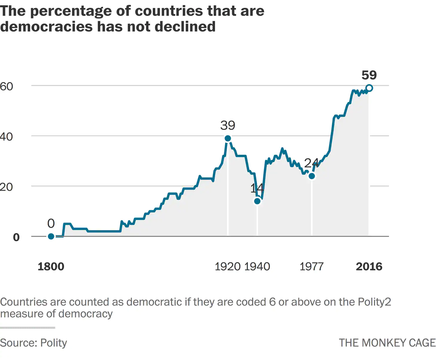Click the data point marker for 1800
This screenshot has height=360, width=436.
pyautogui.click(x=51, y=236)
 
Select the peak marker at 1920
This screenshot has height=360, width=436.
pyautogui.click(x=228, y=138)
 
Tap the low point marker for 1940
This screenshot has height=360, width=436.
pyautogui.click(x=257, y=201)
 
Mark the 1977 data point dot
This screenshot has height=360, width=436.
pyautogui.click(x=312, y=176)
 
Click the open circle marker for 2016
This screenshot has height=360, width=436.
pyautogui.click(x=370, y=88)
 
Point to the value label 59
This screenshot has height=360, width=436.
pyautogui.click(x=369, y=75)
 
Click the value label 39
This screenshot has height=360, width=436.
pyautogui.click(x=228, y=126)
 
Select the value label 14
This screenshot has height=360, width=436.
pyautogui.click(x=257, y=188)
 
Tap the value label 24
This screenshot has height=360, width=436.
pyautogui.click(x=311, y=163)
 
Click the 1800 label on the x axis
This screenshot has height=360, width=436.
pyautogui.click(x=51, y=267)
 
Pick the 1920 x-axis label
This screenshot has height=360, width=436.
pyautogui.click(x=228, y=267)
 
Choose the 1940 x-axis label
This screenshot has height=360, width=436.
pyautogui.click(x=257, y=267)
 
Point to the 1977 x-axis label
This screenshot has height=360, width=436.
pyautogui.click(x=311, y=267)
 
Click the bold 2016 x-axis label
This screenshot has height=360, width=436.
pyautogui.click(x=369, y=267)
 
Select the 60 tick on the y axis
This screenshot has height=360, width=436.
pyautogui.click(x=6, y=86)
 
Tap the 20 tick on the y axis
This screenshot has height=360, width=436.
pyautogui.click(x=6, y=187)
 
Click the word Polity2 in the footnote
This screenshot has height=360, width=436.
pyautogui.click(x=374, y=302)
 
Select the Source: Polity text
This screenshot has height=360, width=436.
pyautogui.click(x=33, y=343)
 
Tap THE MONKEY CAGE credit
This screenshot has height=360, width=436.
pyautogui.click(x=387, y=343)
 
